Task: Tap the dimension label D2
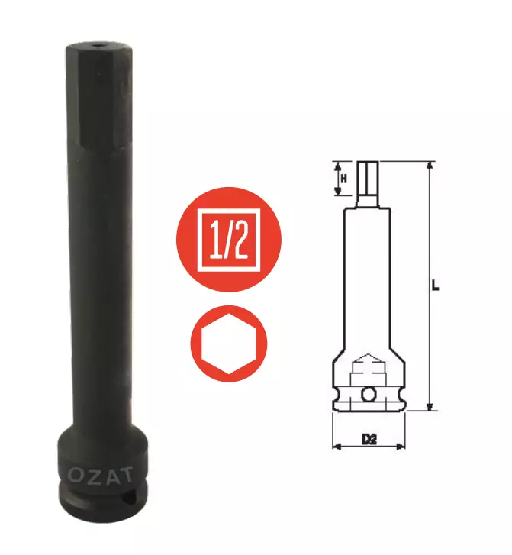369,439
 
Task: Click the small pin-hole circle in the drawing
370,395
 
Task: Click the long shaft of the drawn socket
369,282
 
